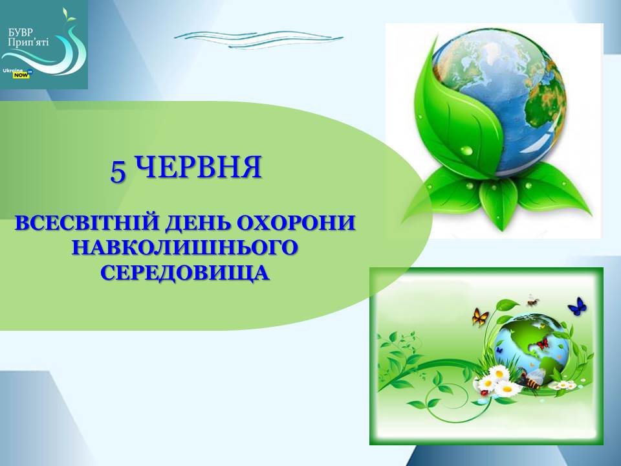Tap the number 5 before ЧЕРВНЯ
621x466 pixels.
118,172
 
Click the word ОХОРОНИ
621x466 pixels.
296,223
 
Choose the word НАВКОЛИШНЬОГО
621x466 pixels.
185,248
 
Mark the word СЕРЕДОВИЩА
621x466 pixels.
185,273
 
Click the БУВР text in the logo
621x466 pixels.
21,32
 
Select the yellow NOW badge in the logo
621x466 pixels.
21,74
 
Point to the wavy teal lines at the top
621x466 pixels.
258,39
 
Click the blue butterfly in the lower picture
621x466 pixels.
578,306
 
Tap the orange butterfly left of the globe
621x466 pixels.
481,317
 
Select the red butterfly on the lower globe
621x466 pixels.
541,343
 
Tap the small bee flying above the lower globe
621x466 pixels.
532,302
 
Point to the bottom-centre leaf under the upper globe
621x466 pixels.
498,206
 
